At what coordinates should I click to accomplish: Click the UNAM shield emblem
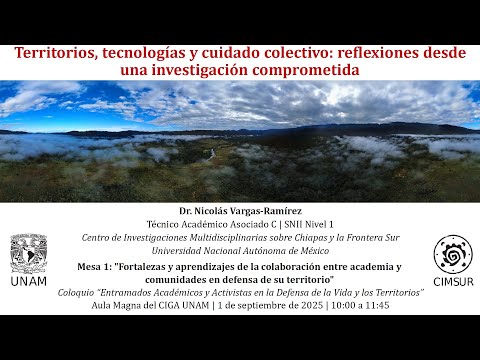coord(29,253)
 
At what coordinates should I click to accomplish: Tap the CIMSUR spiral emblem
coord(453,254)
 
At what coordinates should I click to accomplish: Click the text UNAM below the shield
coord(29,281)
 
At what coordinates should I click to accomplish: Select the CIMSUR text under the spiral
coord(453,282)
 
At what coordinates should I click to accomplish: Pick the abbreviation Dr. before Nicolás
coord(185,211)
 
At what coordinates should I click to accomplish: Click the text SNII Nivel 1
coord(309,224)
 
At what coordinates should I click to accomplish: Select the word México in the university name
coord(315,251)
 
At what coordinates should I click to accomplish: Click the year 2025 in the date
coord(312,305)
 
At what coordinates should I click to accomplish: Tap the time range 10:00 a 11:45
coord(360,305)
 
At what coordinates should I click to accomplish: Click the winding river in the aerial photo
coord(210,155)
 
